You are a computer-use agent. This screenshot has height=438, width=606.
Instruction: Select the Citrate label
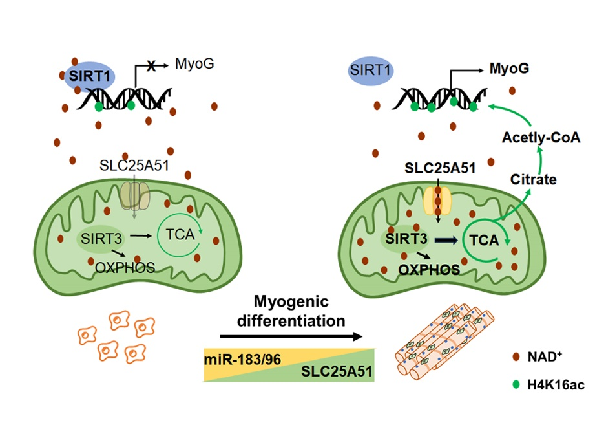coord(534,179)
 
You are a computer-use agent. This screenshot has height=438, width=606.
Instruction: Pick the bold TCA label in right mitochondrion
coord(484,241)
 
